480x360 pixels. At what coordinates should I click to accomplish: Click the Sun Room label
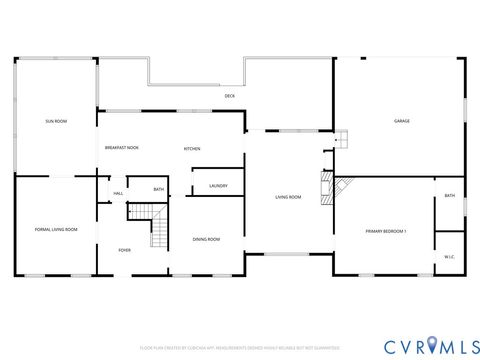(55, 121)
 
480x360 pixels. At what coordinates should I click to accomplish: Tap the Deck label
(229, 96)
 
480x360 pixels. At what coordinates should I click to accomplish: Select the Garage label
(401, 121)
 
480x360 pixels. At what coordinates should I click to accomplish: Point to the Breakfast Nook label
(121, 148)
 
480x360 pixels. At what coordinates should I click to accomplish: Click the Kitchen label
(192, 149)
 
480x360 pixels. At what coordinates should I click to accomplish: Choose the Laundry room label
(218, 186)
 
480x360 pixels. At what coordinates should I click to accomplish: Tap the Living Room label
(288, 197)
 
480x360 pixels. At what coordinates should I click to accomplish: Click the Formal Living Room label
(56, 230)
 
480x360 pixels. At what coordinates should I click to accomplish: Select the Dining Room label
(206, 239)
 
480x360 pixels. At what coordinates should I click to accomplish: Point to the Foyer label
(125, 250)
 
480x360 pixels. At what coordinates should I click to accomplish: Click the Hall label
(117, 193)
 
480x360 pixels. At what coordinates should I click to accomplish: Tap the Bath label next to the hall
(158, 189)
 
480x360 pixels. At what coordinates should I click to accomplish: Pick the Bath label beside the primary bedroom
(449, 196)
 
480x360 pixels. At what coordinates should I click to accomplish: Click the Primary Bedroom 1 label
(385, 232)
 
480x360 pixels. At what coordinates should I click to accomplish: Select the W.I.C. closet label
(449, 257)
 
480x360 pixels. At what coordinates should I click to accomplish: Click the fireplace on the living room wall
(325, 187)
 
